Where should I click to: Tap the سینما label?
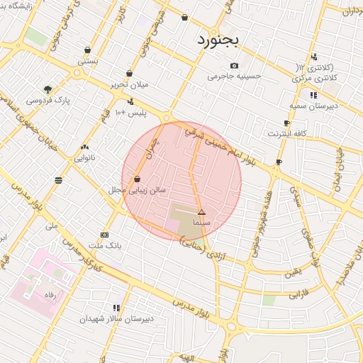coord(202,223)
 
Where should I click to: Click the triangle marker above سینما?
coord(201,212)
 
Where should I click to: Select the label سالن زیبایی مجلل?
coord(137,190)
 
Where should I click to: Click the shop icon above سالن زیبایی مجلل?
coord(137,179)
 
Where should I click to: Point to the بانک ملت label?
coord(105,245)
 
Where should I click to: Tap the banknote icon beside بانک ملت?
coord(105,235)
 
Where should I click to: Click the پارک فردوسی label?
coord(48,101)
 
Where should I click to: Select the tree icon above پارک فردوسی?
coord(48,89)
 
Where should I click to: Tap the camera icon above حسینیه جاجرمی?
coord(235,66)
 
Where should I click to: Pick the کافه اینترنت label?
coord(286,133)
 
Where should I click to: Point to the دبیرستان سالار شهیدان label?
coord(116,319)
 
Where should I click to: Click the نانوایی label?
coord(84,157)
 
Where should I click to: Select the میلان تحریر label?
coord(130,84)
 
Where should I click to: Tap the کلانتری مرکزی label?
coord(314,77)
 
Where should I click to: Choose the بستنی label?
coord(87,61)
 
